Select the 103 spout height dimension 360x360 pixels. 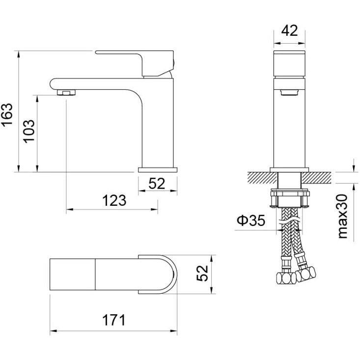coord(29,131)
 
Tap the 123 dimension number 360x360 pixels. coord(114,201)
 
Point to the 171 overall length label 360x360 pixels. coord(114,320)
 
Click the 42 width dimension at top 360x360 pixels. coord(289,30)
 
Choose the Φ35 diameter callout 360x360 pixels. coord(251,221)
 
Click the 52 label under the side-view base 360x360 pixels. coord(157,184)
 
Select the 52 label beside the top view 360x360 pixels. coord(202,273)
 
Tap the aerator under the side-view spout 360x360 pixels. coord(66,92)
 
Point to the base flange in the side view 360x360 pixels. coord(158,170)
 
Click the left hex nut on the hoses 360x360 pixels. coord(286,278)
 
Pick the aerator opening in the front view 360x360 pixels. coord(289,92)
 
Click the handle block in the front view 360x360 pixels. coord(289,64)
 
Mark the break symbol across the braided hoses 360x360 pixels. coord(289,222)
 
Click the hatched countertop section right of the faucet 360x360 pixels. coord(316,178)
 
